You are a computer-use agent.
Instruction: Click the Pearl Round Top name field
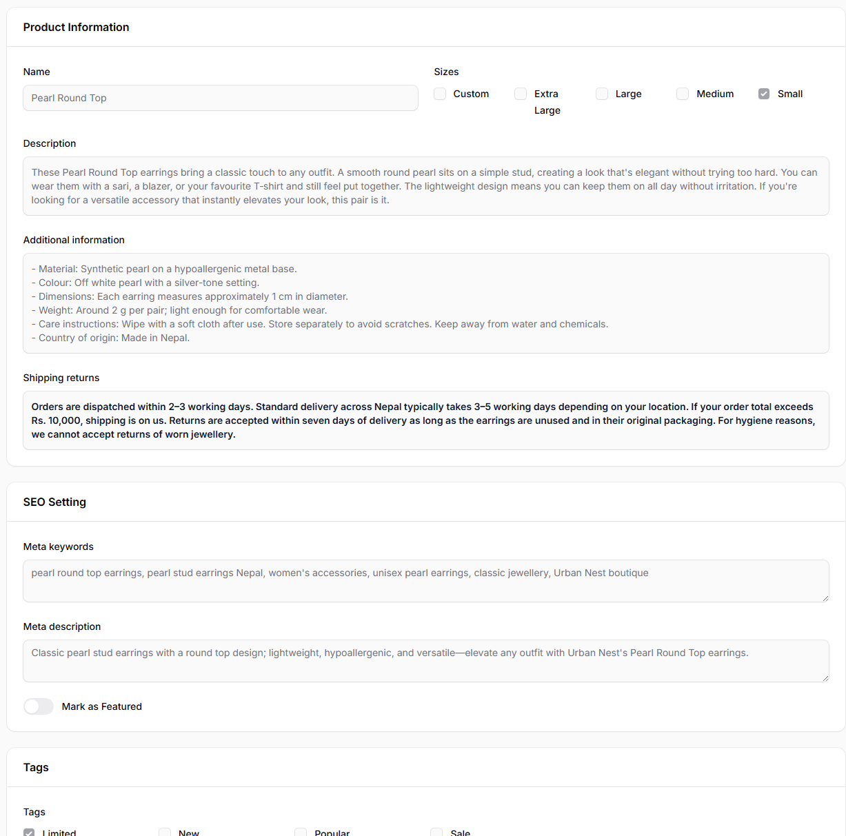coord(220,98)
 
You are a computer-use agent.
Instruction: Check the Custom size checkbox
coord(440,94)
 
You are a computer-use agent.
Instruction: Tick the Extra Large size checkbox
coord(521,94)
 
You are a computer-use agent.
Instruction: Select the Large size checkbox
coord(602,94)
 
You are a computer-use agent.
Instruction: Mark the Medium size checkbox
coord(683,94)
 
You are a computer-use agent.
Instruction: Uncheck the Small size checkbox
coord(764,94)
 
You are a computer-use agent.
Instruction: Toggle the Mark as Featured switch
coord(39,706)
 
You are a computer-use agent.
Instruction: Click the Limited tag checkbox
coord(29,833)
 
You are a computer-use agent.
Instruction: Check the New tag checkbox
coord(165,833)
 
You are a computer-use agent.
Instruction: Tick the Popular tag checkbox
coord(301,833)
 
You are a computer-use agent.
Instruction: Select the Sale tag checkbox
coord(436,833)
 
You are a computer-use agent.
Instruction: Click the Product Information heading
coord(76,27)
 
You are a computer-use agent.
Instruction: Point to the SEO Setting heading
coord(54,502)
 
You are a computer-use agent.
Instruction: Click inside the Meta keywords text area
coord(425,581)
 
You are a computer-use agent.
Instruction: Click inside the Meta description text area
coord(425,661)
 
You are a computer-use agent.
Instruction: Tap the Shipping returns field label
coord(61,378)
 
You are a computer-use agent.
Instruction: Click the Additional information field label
coord(74,240)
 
